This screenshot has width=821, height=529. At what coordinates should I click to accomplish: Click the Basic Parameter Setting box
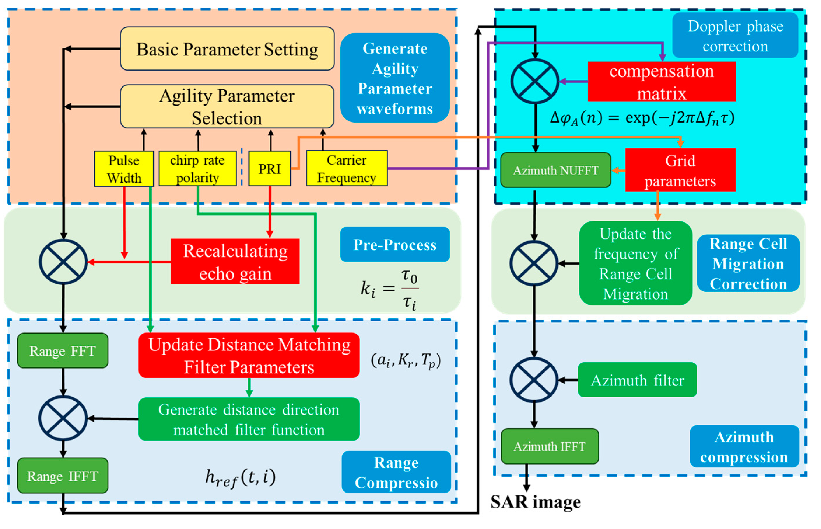227,49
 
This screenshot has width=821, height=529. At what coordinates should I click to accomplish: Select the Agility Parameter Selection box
227,107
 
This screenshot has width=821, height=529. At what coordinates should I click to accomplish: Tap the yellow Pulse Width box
124,169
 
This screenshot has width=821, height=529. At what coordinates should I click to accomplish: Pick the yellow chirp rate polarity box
197,169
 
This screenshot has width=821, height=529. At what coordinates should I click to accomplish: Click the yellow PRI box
269,169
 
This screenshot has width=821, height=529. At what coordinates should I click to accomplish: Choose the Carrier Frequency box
347,169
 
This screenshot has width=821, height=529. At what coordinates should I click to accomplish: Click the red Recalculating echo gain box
235,262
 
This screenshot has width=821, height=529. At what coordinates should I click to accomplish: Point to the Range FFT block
62,351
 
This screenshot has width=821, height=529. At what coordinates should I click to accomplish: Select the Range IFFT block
62,476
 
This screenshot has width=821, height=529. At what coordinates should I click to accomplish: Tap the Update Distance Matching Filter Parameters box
249,355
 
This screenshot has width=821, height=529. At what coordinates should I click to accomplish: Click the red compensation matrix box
662,82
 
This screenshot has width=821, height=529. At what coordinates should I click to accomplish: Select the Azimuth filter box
637,380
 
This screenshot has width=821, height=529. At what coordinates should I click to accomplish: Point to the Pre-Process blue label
395,245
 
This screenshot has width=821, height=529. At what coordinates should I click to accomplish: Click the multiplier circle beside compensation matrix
534,81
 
